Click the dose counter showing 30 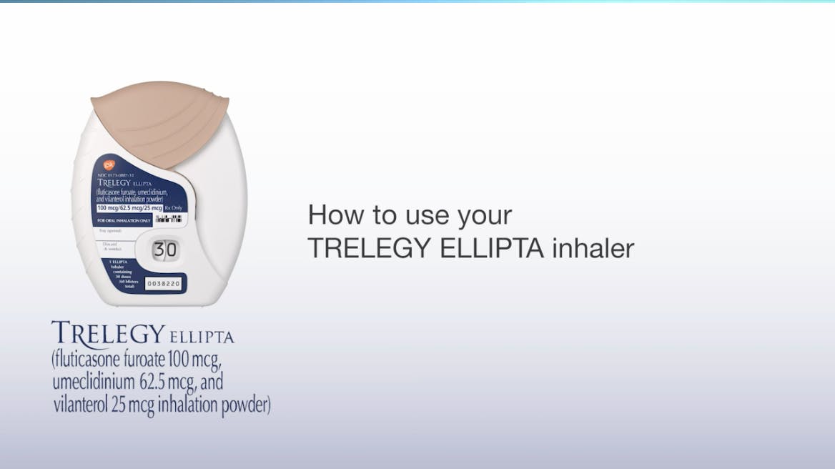(165, 250)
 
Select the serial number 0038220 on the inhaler (164, 284)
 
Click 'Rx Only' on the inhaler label (174, 207)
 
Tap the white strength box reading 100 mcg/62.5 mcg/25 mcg (129, 207)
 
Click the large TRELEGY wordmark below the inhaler (108, 333)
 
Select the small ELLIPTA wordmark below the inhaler (202, 337)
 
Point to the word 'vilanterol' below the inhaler (81, 404)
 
